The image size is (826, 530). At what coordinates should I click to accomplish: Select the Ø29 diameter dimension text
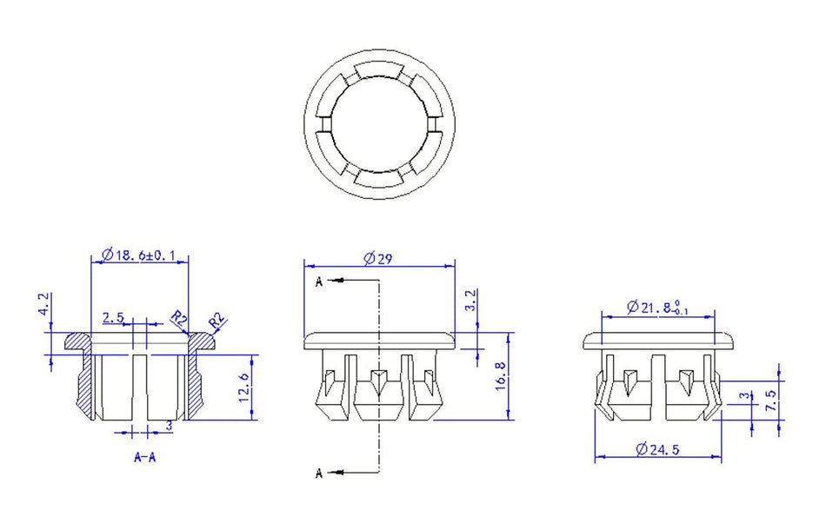[x=378, y=258]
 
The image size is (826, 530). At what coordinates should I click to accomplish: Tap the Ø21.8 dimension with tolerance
[x=657, y=308]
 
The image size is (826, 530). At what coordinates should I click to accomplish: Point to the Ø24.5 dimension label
[x=657, y=449]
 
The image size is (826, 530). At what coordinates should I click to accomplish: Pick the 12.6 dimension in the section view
[x=244, y=388]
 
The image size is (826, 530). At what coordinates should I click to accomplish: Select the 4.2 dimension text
[x=44, y=304]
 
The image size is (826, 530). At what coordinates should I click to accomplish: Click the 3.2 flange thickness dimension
[x=471, y=300]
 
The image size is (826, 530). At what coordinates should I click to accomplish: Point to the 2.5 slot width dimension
[x=113, y=317]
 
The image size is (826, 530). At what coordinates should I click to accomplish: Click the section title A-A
[x=145, y=457]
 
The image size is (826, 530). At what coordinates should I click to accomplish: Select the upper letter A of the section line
[x=319, y=282]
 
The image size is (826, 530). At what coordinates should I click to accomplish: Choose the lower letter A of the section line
[x=319, y=474]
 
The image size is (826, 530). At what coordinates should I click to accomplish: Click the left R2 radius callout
[x=179, y=318]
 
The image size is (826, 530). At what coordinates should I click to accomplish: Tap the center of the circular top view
[x=379, y=125]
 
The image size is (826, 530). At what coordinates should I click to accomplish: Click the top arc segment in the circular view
[x=379, y=70]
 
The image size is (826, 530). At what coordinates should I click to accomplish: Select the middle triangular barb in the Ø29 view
[x=378, y=380]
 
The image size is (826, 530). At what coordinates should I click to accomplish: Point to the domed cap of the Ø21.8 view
[x=658, y=341]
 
